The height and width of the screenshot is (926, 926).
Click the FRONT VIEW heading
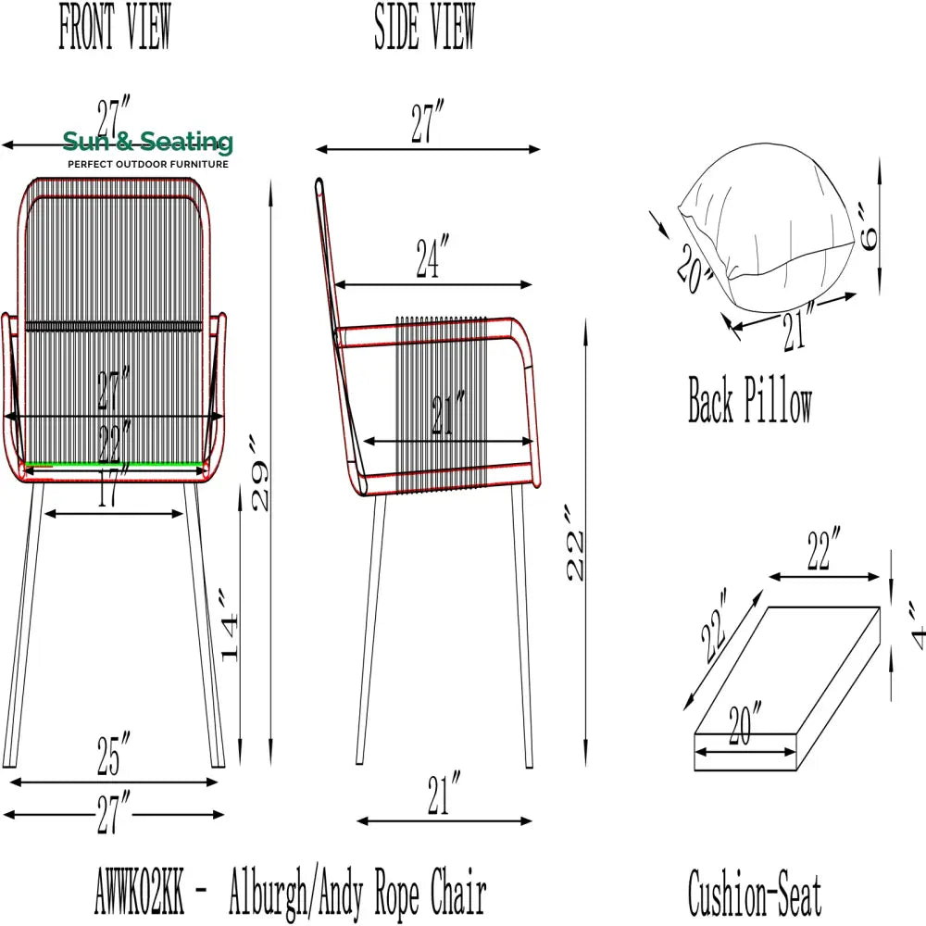coord(115,26)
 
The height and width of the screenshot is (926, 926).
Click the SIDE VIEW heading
coord(425,26)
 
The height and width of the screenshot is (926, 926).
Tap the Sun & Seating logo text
coord(147,142)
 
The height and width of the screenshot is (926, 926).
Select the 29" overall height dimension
coord(260,473)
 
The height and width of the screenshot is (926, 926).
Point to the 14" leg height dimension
coord(230,625)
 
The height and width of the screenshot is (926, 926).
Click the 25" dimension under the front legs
coord(113,754)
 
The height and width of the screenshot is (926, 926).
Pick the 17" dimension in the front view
coord(113,485)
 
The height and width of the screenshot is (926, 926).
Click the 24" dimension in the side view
coord(432,257)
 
